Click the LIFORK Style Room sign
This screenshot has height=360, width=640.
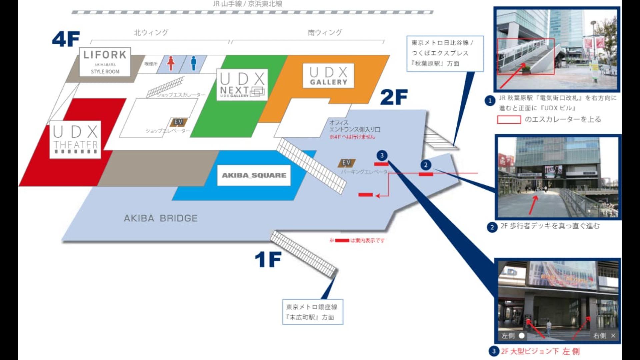click(105, 62)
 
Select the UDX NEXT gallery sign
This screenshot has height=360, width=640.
click(242, 85)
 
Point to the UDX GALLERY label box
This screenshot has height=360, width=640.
click(328, 76)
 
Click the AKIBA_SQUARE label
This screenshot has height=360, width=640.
click(254, 175)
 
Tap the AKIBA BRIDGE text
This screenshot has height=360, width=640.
click(161, 218)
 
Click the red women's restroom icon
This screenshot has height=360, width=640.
click(171, 63)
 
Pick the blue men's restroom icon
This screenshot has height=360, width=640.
click(194, 63)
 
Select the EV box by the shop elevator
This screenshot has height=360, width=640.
click(178, 122)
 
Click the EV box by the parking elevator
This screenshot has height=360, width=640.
click(346, 163)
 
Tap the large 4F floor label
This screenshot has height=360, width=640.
click(66, 39)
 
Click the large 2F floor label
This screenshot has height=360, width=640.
click(394, 97)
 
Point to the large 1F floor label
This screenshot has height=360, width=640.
click(268, 259)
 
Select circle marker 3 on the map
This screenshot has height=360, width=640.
click(382, 155)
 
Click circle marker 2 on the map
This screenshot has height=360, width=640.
click(426, 165)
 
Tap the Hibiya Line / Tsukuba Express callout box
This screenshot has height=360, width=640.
click(445, 53)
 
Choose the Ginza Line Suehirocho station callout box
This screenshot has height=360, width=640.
click(312, 312)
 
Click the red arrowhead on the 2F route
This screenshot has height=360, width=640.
click(378, 196)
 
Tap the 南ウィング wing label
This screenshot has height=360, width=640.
click(325, 33)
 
